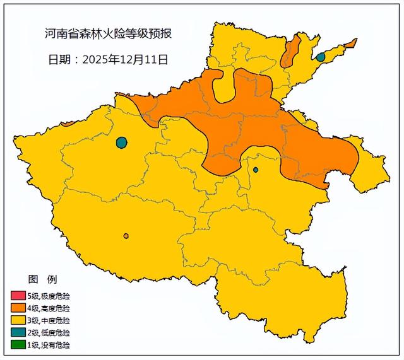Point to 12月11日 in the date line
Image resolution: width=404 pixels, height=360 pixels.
point(146,60)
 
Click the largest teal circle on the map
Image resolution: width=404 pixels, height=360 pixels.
point(122,142)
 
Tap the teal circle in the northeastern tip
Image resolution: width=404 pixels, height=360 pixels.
point(320,57)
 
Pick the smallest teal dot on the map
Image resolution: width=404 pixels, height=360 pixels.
point(256,170)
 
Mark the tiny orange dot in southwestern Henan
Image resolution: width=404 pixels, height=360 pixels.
point(126,236)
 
